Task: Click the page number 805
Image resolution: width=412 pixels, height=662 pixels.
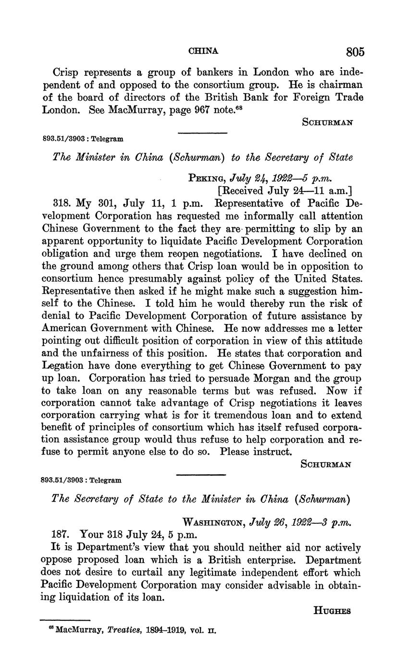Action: point(354,51)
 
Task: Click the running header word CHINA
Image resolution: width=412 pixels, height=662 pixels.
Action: point(203,50)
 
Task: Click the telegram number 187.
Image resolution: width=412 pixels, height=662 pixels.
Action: point(61,535)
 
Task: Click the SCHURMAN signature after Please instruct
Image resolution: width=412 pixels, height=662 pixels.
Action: point(326,464)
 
